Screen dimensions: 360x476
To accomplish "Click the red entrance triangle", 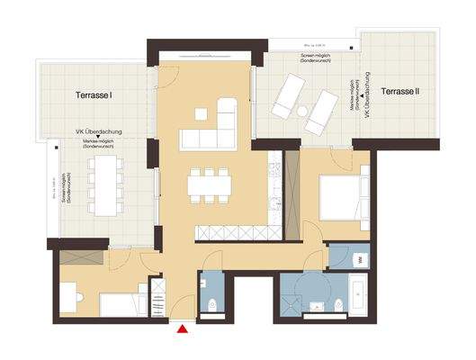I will (183, 329).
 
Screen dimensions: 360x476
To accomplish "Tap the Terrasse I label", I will (94, 94).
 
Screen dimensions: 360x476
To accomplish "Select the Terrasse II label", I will (402, 91).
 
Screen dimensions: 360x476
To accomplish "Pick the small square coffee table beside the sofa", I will (200, 113).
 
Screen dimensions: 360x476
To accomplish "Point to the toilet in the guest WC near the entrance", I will (210, 301).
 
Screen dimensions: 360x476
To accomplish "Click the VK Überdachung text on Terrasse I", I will (98, 132).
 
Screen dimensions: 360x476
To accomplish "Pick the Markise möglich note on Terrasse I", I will (98, 143).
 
